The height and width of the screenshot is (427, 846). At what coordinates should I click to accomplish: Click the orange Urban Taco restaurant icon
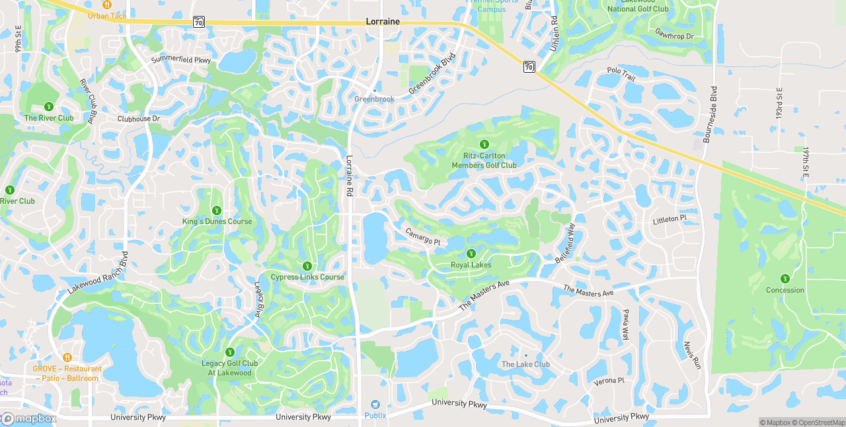point(107,5)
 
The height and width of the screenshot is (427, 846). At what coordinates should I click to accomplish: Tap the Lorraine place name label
point(383,22)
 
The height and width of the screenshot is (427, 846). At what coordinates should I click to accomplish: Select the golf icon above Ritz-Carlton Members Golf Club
point(484,144)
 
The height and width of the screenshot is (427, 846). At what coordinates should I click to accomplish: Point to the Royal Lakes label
point(471,265)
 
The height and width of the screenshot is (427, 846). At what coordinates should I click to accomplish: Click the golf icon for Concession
point(785,279)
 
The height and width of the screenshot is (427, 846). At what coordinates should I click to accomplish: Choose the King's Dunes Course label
point(217,221)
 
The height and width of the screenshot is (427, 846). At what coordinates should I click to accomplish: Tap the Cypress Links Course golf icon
point(307,265)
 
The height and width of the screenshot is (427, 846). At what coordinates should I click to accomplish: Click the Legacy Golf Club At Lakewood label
point(229,368)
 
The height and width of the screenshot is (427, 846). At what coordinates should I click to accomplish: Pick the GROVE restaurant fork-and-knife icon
point(67,357)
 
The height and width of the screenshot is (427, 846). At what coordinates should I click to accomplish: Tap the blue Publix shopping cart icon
point(375,404)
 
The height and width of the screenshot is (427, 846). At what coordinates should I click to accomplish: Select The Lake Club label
point(525,364)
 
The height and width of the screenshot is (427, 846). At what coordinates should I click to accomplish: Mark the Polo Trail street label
point(621,74)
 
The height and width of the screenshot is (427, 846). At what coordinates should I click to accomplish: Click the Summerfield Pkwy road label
point(181,60)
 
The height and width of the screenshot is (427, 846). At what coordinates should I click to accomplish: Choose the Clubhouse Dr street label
point(139,119)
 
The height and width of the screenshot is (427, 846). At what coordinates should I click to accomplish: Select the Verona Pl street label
point(609,381)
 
